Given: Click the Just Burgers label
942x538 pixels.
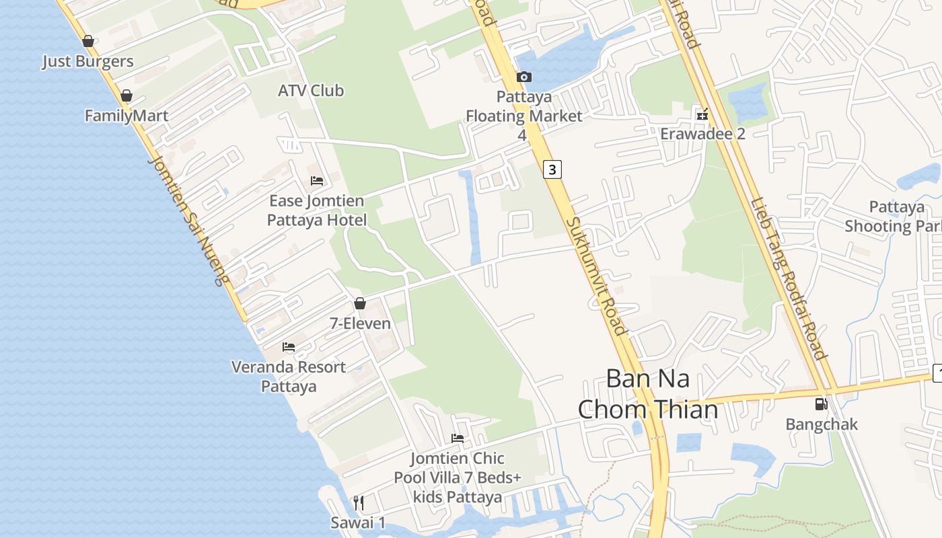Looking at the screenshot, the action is [x=87, y=61].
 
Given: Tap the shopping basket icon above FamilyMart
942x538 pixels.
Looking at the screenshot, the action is [x=126, y=96].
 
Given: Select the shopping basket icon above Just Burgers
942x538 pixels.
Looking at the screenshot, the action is [x=87, y=42].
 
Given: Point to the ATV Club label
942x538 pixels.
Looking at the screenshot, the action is [x=311, y=90].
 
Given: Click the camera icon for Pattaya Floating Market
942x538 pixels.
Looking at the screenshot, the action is [x=524, y=77].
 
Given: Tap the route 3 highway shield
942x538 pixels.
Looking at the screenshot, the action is [x=552, y=169].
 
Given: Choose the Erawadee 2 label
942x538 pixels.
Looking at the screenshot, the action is [x=702, y=133].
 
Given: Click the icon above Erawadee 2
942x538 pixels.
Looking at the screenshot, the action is [x=702, y=114].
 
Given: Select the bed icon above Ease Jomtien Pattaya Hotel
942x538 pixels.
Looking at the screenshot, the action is [x=317, y=181].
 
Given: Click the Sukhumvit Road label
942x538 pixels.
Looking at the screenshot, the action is [x=595, y=276].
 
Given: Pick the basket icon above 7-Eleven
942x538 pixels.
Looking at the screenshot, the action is [x=360, y=304].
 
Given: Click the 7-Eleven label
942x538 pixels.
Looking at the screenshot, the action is [x=360, y=323].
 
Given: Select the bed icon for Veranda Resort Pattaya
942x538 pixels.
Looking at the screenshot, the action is [x=289, y=347].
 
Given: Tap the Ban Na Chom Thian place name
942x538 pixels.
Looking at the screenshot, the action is [x=647, y=393].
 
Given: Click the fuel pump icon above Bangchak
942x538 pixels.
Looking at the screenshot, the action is [x=821, y=404].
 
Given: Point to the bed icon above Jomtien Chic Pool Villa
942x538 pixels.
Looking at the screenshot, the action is [x=458, y=438].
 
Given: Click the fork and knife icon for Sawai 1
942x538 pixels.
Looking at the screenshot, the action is [x=359, y=503].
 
